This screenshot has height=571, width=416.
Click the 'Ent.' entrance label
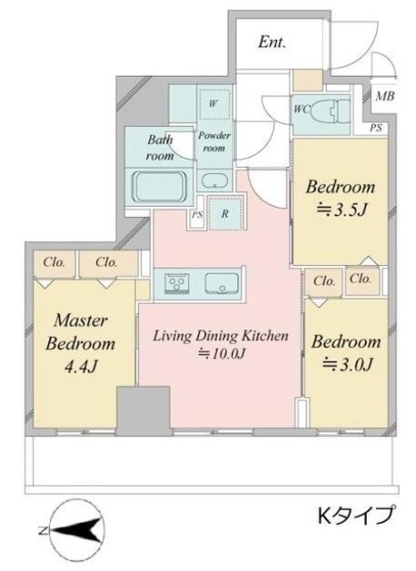tap(271, 42)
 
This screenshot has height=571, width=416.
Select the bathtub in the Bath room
tap(160, 186)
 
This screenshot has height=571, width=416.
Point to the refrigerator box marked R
tap(225, 213)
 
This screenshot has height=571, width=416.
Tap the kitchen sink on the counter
tap(222, 283)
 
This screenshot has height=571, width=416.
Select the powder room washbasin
tap(215, 181)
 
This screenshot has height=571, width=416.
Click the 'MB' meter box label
tap(385, 96)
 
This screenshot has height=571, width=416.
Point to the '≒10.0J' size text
tap(220, 353)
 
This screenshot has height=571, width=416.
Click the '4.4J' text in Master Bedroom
tap(80, 367)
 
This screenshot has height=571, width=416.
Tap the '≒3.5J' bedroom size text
tap(340, 210)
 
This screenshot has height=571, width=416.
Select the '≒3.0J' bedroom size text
tap(346, 363)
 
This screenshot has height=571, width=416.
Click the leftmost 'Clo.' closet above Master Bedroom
tap(54, 262)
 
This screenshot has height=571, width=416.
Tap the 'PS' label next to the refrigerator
tap(197, 214)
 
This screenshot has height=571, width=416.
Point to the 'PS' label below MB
tap(377, 128)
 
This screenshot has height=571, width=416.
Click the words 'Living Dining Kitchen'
tap(220, 335)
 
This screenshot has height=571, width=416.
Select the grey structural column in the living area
tap(143, 410)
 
